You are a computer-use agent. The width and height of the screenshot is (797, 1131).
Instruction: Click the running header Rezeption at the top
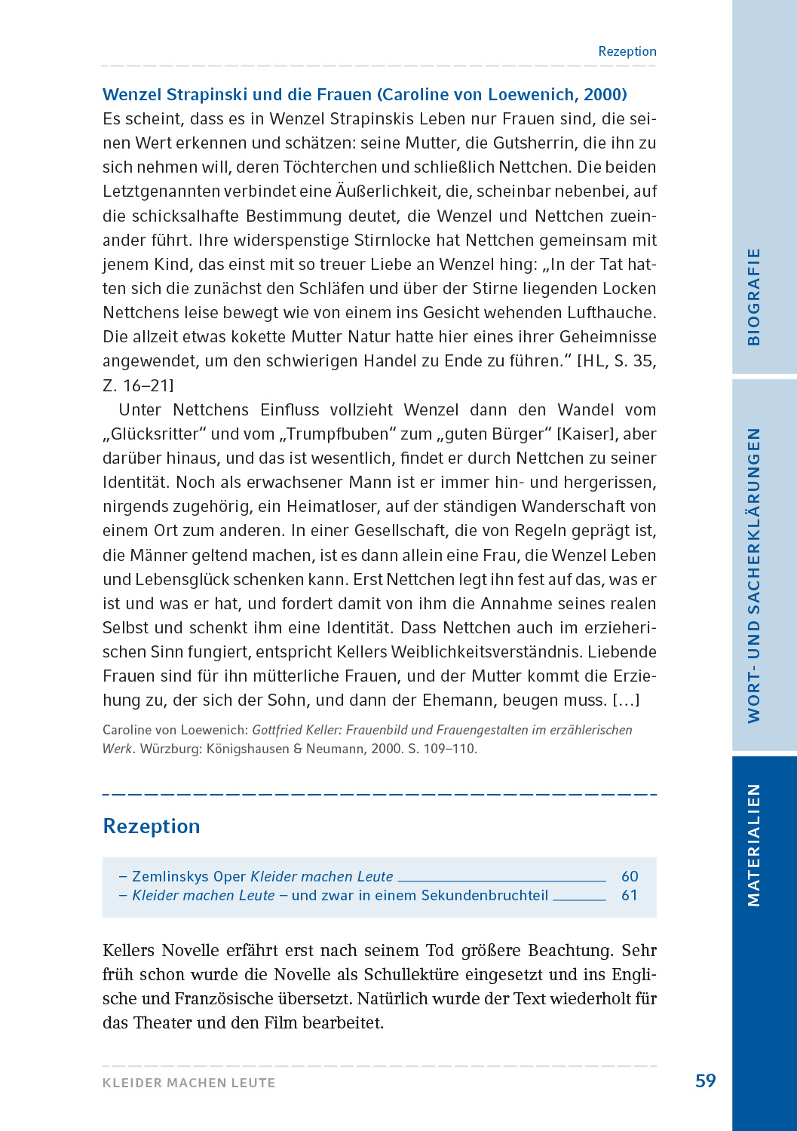(627, 51)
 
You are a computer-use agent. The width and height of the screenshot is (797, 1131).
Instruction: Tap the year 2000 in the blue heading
(603, 95)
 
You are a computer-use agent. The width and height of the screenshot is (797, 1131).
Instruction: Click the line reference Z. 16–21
(138, 386)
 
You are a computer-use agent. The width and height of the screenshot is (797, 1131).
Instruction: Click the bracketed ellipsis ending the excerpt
(626, 700)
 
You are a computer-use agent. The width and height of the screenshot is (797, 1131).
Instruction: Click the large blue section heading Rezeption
(152, 826)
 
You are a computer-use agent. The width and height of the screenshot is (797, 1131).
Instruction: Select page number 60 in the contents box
(630, 876)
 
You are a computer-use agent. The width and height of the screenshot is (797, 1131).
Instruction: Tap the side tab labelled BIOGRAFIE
(753, 296)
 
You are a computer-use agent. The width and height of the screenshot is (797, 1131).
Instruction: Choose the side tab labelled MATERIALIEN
(753, 844)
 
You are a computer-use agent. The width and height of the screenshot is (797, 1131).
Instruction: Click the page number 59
(705, 1081)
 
